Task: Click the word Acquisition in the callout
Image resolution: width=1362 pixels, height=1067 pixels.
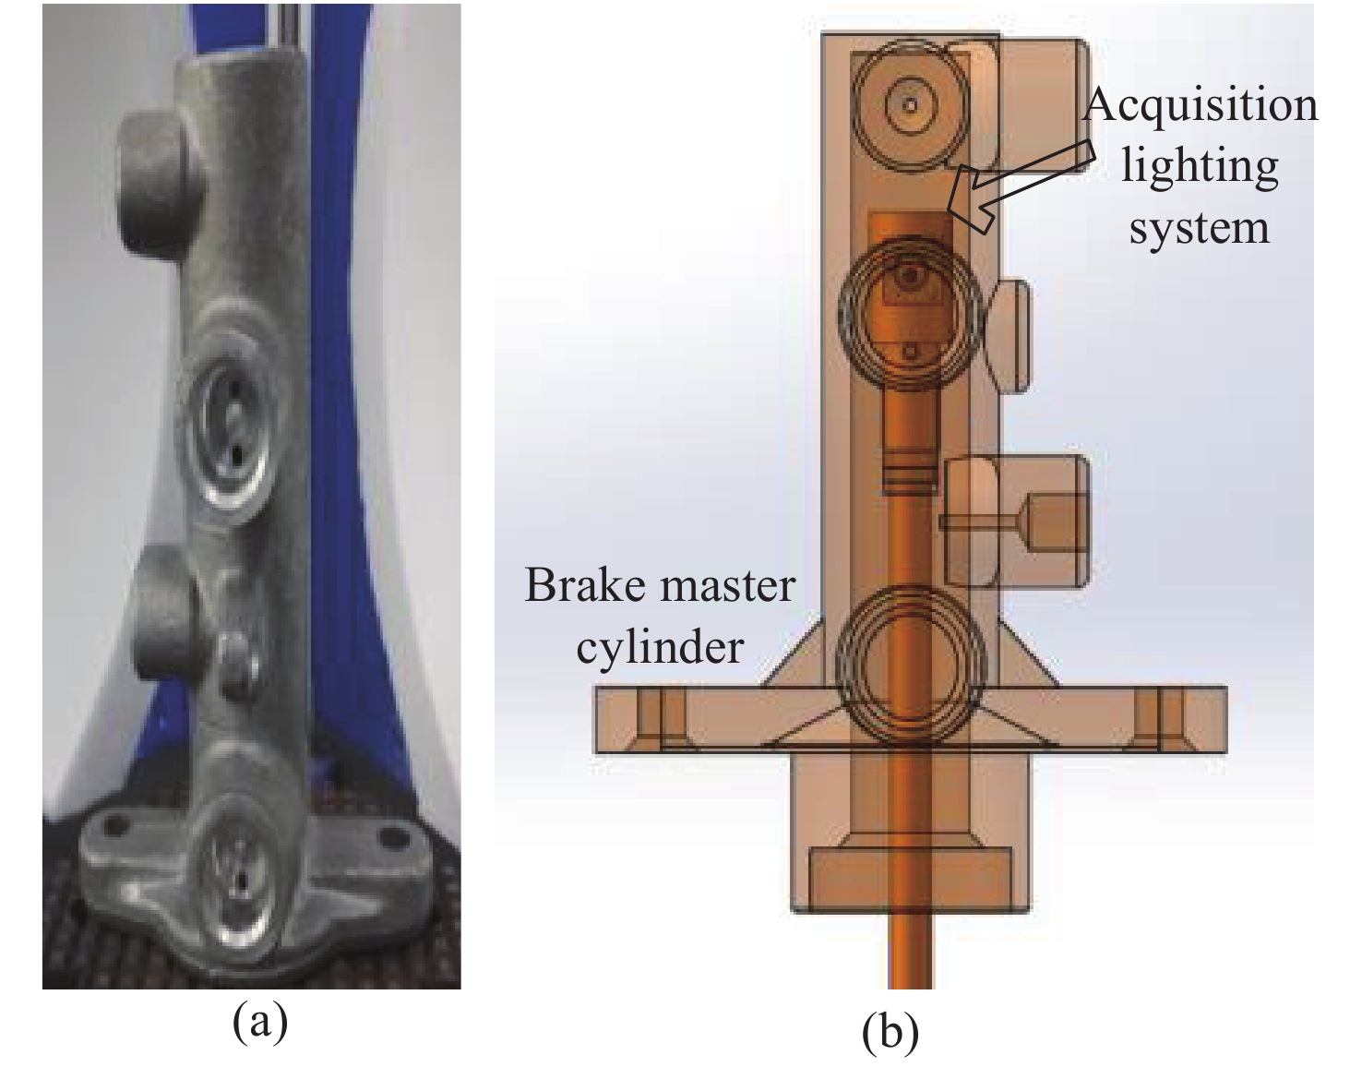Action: (x=1201, y=106)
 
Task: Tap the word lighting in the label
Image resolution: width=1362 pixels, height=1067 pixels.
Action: (x=1200, y=167)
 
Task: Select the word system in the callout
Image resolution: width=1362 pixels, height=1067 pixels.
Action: (x=1200, y=227)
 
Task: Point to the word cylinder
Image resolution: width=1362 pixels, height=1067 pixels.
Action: (x=659, y=646)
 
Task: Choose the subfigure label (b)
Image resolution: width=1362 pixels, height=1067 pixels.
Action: (x=890, y=1033)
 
